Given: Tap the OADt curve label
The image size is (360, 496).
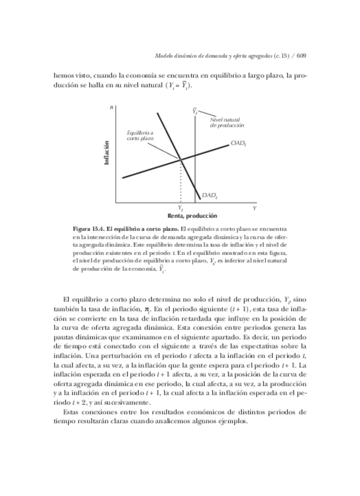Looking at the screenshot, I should point(238,143).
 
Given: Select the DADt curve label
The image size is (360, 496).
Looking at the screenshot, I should point(210,195).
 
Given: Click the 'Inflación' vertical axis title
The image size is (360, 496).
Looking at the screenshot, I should point(107,152).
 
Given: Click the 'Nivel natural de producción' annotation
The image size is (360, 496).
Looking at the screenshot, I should point(227,123).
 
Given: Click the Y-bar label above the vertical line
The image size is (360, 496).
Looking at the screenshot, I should point(195,110).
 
